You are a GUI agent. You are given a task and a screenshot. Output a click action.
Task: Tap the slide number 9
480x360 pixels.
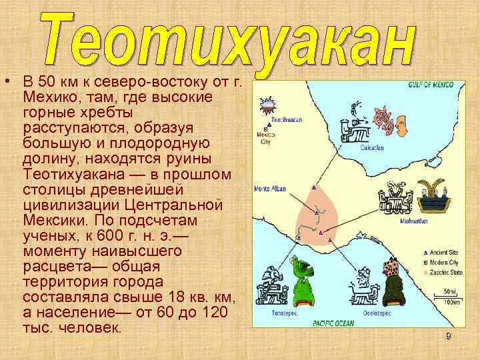tap(449, 337)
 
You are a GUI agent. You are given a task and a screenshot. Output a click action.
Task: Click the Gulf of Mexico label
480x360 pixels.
tap(431, 85)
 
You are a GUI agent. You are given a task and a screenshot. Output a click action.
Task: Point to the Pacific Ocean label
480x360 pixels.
tap(333, 323)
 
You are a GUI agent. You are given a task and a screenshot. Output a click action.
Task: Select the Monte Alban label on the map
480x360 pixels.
tap(270, 189)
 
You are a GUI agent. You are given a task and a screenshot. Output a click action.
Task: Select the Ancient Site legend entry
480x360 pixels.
tap(446, 253)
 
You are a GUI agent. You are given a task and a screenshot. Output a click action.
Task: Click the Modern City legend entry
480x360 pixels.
tap(446, 263)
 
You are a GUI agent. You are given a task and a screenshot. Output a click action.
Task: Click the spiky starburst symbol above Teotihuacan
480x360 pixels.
tap(267, 105)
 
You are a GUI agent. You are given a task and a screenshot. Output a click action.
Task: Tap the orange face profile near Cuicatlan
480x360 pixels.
tap(401, 124)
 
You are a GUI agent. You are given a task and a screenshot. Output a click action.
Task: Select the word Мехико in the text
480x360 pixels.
tap(46, 98)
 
